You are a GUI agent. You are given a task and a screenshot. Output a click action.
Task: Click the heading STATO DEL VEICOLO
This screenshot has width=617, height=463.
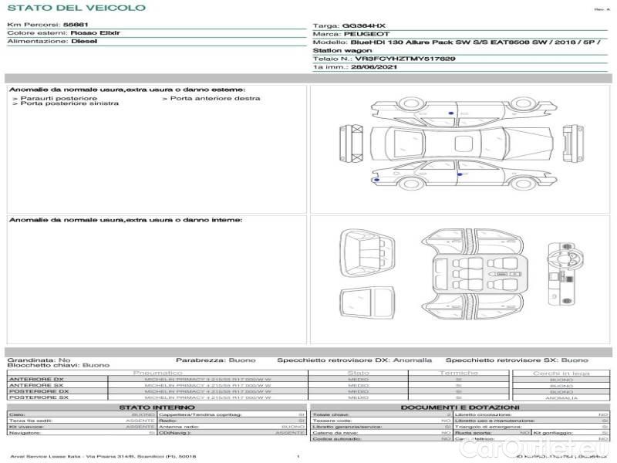[x=76, y=8]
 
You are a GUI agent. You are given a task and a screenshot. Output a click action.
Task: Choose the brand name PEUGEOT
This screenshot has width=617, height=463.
[x=359, y=35]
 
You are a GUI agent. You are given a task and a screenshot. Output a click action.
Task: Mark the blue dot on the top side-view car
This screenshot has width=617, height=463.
[x=450, y=113]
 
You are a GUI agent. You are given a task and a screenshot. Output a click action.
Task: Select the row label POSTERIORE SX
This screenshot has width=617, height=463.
[x=37, y=397]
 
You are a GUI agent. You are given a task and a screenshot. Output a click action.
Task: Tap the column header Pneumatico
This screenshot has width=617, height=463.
[x=157, y=373]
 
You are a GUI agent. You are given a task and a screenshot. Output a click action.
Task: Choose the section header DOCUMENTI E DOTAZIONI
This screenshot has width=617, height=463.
[x=460, y=407]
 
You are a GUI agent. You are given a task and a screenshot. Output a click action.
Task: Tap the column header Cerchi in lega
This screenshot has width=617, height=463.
[x=561, y=373]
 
